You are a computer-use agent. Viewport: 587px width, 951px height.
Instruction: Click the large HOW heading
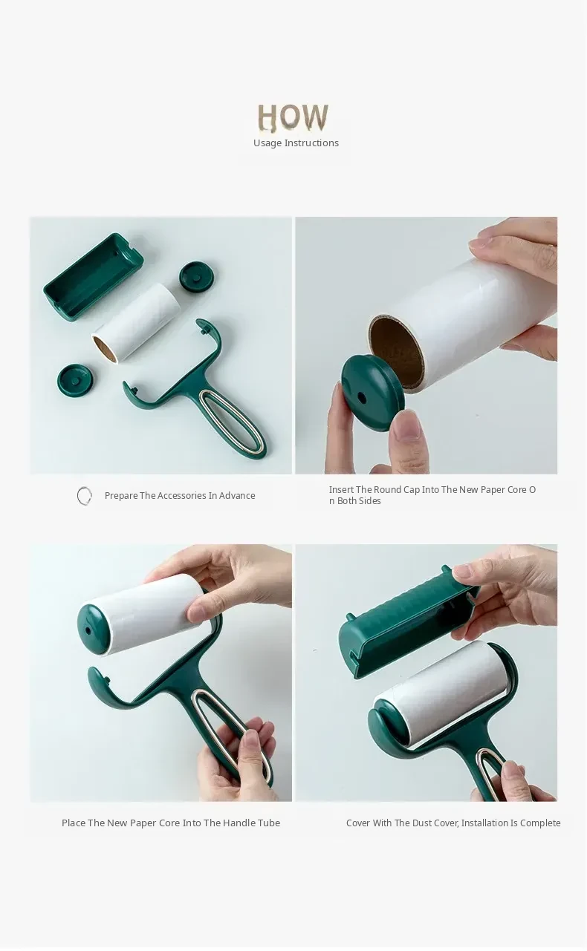[x=293, y=117]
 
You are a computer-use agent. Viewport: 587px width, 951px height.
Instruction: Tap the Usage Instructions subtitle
[x=296, y=143]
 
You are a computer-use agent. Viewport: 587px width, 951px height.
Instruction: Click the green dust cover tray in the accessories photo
[x=94, y=275]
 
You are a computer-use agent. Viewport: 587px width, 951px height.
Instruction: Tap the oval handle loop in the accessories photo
[x=233, y=422]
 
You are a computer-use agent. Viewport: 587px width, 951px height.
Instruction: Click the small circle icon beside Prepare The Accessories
[x=84, y=496]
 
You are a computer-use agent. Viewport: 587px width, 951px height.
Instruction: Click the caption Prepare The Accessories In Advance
[x=180, y=495]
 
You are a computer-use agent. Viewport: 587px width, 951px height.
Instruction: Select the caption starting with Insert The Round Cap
[x=432, y=495]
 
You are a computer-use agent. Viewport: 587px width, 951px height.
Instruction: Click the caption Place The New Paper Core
[x=171, y=823]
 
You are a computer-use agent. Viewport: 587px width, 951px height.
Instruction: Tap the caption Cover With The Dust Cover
[x=453, y=823]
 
